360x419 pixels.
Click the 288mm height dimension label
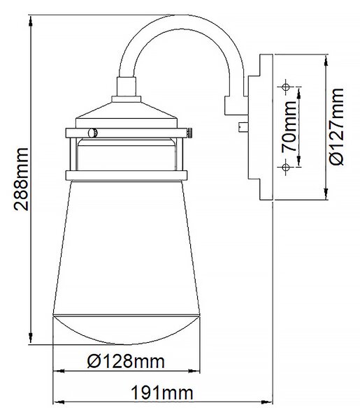click(x=22, y=179)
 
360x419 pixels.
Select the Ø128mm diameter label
click(x=126, y=361)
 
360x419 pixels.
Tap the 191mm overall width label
click(x=162, y=393)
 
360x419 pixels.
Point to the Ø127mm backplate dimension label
click(x=336, y=127)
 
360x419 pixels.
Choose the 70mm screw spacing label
click(x=289, y=127)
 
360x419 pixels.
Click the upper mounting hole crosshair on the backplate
click(x=286, y=87)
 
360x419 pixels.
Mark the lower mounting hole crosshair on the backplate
click(x=286, y=168)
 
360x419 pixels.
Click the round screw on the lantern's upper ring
click(x=92, y=133)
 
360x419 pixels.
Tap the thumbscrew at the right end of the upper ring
click(x=189, y=133)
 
